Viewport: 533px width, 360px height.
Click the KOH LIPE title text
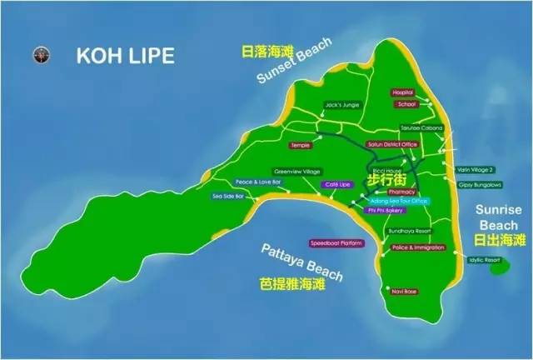pyautogui.click(x=126, y=56)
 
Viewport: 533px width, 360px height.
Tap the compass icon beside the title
pyautogui.click(x=38, y=56)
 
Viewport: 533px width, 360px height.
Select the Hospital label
pyautogui.click(x=403, y=92)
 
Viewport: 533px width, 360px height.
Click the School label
pyautogui.click(x=406, y=105)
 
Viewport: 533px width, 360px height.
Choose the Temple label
pyautogui.click(x=300, y=144)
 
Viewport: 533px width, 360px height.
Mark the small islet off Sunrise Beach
pyautogui.click(x=498, y=267)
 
